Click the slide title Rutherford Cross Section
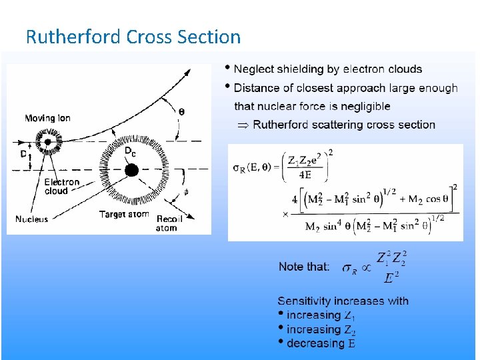133,37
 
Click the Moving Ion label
47,119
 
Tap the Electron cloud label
62,186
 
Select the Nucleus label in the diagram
32,219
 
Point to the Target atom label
125,214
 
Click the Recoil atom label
169,223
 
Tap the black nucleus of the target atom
131,170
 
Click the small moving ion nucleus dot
48,141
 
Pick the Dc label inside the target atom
131,152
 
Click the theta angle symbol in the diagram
182,111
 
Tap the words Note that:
304,267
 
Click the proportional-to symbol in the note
365,268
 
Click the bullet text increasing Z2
321,329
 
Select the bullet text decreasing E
321,343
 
